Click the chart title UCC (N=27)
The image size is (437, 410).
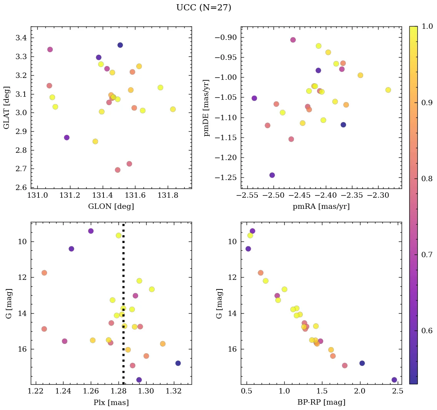point(203,8)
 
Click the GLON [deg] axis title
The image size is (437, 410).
point(111,207)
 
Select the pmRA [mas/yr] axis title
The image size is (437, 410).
point(321,207)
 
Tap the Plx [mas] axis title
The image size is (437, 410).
point(111,402)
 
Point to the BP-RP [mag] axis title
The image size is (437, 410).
point(321,402)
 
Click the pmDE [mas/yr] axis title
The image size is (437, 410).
point(206,108)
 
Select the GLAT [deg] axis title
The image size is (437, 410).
point(7,108)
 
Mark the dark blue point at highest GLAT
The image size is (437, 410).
point(120,45)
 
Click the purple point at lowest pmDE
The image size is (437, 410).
point(272,175)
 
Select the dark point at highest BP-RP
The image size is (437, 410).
point(394,380)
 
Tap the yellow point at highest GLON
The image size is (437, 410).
point(173,109)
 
